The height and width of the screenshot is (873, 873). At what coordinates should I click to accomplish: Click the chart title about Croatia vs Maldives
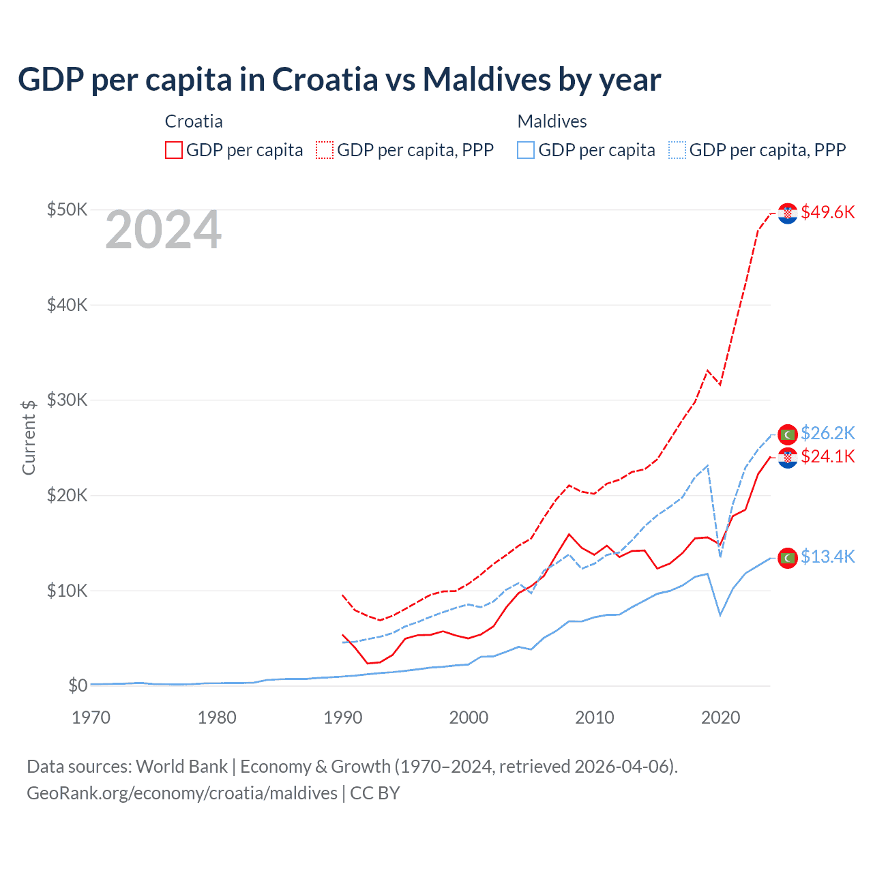[339, 80]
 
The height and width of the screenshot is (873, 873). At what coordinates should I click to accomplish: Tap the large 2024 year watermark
[164, 231]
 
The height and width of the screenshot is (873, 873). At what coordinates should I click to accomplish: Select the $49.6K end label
[827, 212]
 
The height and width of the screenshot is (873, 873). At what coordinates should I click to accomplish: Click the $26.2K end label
[827, 433]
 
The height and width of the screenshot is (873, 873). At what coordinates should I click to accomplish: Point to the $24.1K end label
[827, 456]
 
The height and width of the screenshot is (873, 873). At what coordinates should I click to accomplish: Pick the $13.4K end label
[827, 557]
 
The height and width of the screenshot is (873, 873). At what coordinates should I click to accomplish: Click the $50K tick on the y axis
[67, 209]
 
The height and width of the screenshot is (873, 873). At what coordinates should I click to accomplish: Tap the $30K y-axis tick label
[67, 400]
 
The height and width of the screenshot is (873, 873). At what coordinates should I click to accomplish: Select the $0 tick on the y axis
[78, 685]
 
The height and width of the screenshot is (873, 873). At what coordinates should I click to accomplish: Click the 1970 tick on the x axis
[91, 717]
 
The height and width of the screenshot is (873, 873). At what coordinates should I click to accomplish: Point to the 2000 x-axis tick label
[469, 717]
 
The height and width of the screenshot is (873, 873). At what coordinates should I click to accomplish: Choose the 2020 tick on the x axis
[720, 717]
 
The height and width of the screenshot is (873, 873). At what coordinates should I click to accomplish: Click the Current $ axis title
[29, 437]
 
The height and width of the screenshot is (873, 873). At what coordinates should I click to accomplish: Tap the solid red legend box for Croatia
[174, 150]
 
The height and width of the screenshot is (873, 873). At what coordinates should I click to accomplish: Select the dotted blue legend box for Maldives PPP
[677, 150]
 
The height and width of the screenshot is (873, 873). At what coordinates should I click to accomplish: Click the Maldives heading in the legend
[552, 121]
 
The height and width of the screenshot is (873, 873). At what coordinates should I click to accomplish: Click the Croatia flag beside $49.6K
[788, 213]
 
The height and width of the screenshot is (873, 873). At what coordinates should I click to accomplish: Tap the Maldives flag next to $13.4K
[788, 558]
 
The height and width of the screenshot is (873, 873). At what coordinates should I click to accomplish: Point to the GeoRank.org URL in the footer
[182, 793]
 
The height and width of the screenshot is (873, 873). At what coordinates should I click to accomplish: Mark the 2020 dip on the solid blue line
[720, 615]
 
